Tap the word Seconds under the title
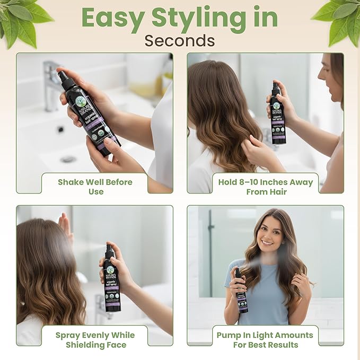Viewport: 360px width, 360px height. coord(180,40)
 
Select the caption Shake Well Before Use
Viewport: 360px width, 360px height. coord(95,187)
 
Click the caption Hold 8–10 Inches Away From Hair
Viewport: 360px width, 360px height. coord(266,187)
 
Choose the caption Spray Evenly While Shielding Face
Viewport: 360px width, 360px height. coord(95,340)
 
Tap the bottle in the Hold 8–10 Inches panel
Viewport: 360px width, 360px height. coord(277,114)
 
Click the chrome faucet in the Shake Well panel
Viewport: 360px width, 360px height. coord(53,85)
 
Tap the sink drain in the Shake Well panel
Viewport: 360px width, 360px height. coord(67,159)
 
